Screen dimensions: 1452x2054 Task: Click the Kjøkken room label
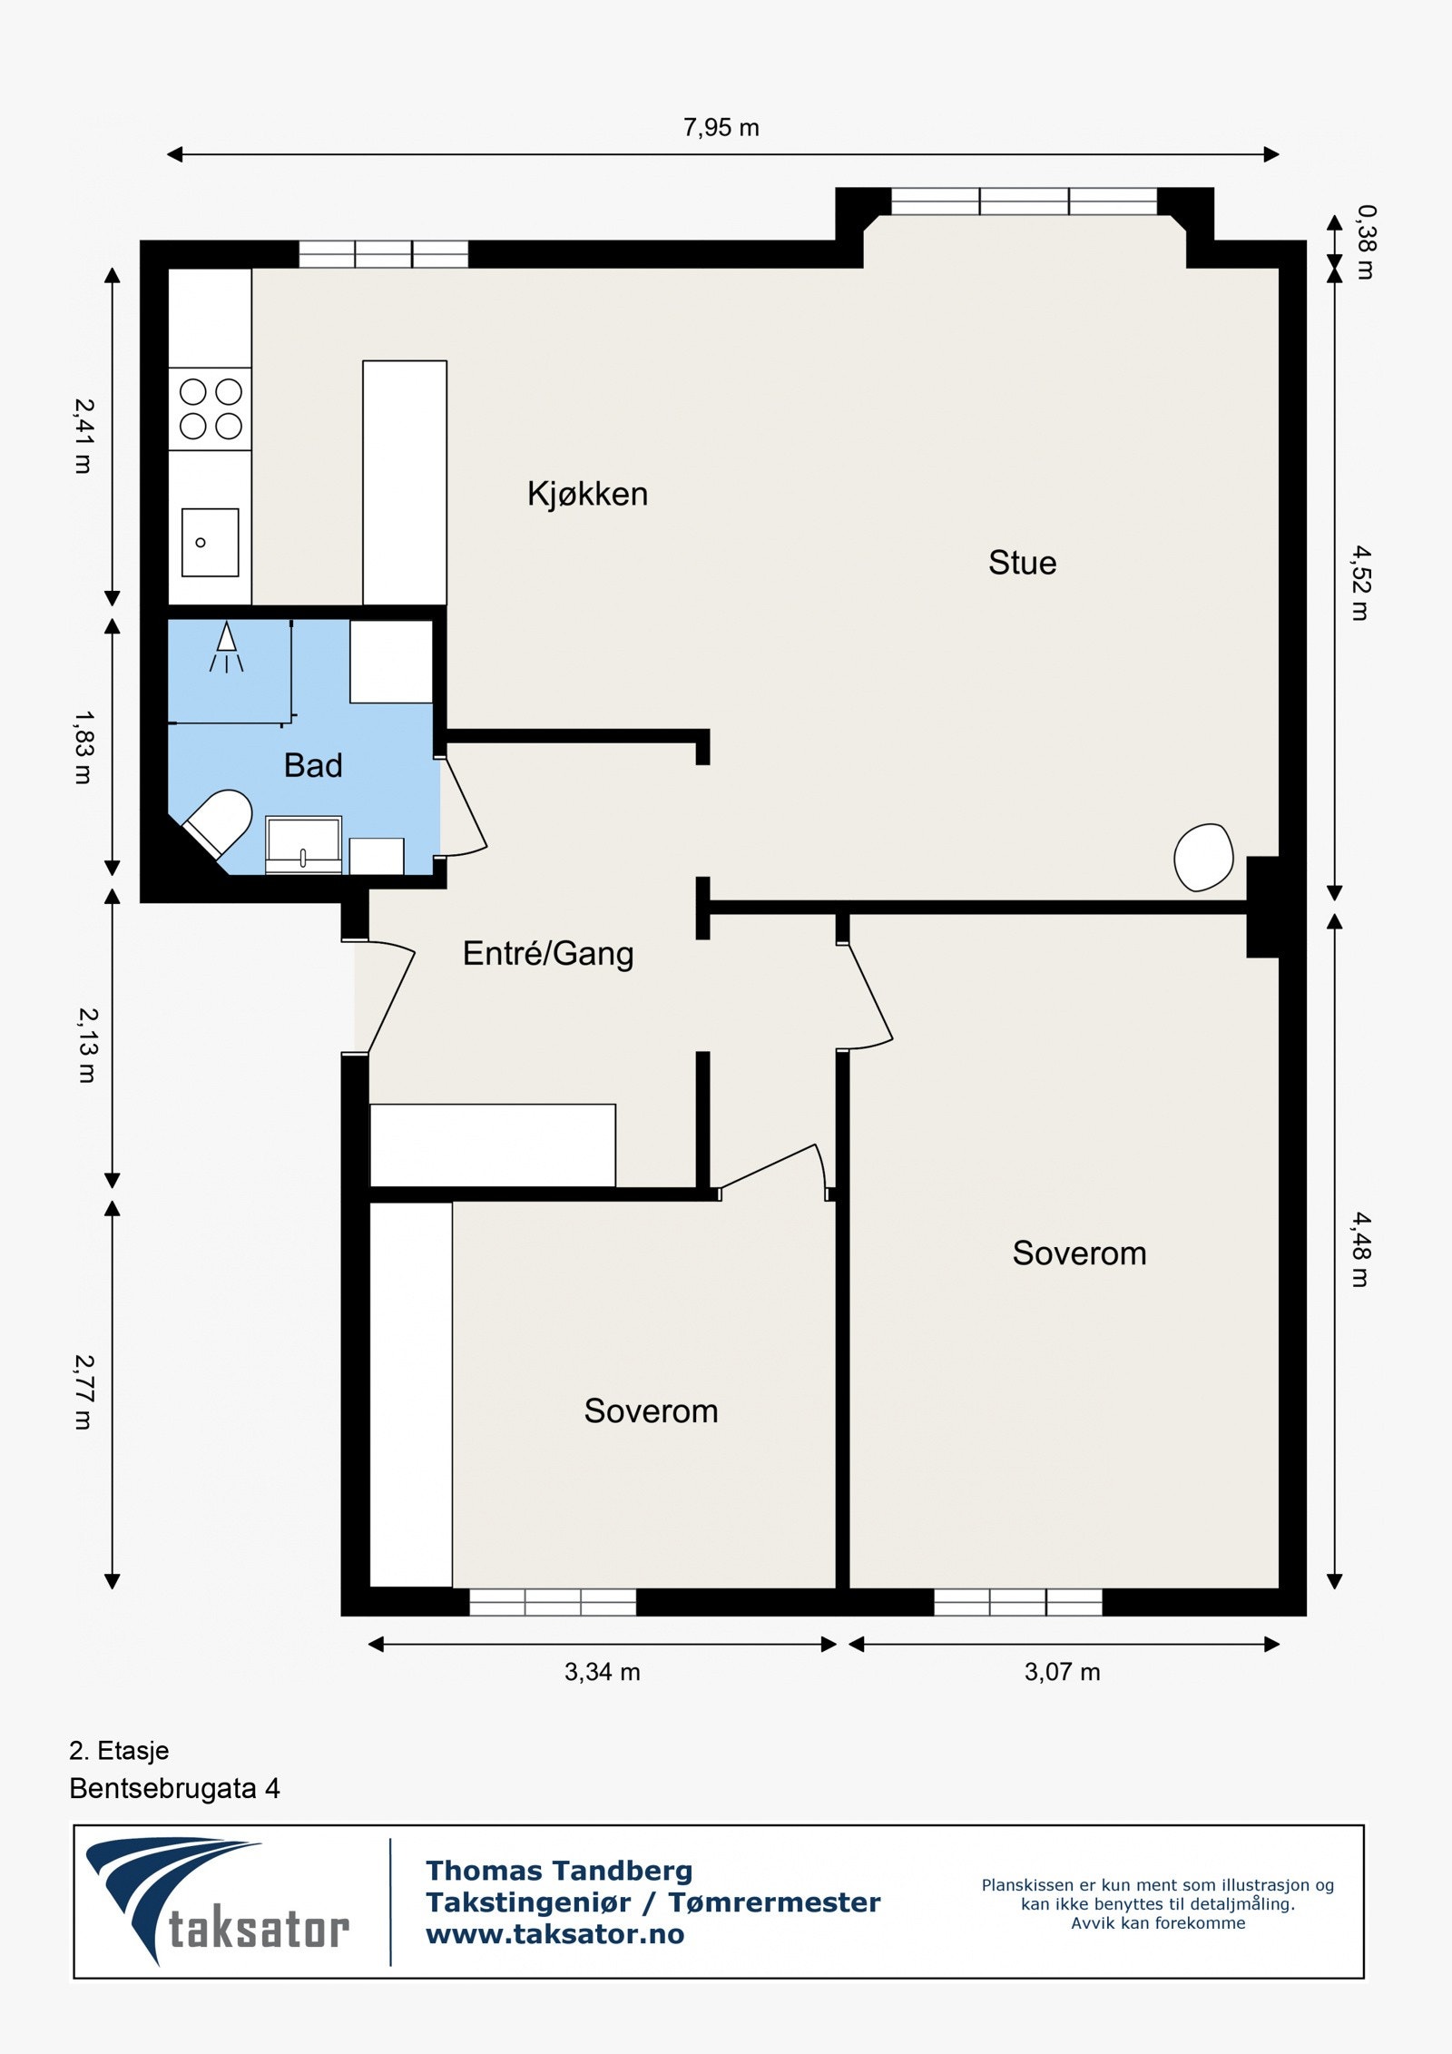tap(587, 494)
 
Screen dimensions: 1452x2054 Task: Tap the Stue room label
tap(1022, 563)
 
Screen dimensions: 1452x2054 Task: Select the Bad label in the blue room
tap(313, 765)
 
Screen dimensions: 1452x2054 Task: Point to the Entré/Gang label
tap(548, 954)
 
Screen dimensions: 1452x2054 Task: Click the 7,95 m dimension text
tap(721, 128)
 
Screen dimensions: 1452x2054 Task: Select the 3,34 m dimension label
tap(603, 1671)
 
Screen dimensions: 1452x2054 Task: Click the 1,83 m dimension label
tap(83, 747)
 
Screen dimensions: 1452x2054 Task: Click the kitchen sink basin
tap(210, 542)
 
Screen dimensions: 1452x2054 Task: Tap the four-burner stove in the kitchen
tap(211, 408)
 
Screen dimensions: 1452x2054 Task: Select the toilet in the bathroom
tap(220, 822)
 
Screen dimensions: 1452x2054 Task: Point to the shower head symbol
tap(226, 646)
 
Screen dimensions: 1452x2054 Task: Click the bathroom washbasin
tap(303, 844)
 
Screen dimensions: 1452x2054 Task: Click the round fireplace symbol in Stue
tap(1203, 857)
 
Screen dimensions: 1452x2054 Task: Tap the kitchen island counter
tap(405, 483)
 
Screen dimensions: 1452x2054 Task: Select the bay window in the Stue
tap(1024, 201)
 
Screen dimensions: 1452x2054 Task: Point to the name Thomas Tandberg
tap(559, 1871)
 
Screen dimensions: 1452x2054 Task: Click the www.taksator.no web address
tap(555, 1934)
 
